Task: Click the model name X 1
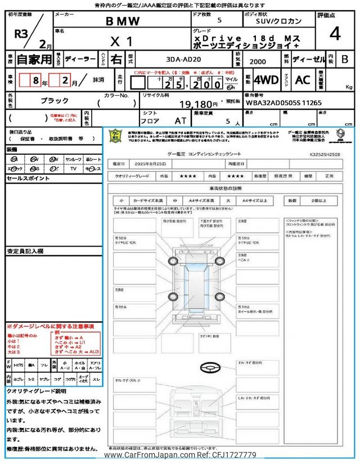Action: click(121, 41)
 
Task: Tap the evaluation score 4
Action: click(335, 34)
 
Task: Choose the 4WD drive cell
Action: click(265, 80)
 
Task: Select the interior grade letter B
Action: click(344, 59)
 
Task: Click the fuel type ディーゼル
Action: click(308, 59)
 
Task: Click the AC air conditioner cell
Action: click(303, 80)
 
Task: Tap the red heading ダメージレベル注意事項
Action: click(50, 326)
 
